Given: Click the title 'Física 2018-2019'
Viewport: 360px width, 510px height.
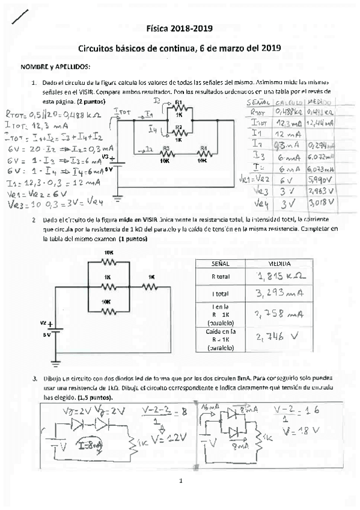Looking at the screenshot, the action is (179, 28).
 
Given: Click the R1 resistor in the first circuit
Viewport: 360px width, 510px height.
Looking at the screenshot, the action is (178, 109).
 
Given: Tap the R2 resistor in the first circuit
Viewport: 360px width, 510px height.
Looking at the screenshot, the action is (178, 130).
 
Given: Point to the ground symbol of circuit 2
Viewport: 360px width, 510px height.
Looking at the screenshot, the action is (56, 362).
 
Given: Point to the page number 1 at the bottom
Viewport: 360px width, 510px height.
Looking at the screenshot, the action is (179, 481).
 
